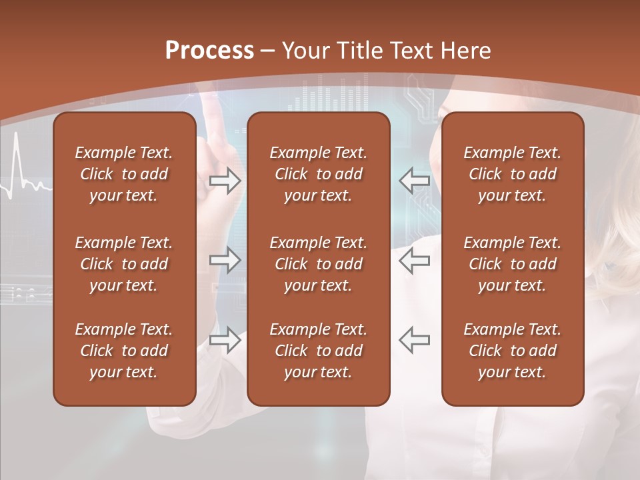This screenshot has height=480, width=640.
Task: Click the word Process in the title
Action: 209,51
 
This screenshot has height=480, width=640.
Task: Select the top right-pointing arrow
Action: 225,181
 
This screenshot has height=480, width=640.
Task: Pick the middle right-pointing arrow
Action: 225,260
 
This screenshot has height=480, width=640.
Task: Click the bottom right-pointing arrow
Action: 225,340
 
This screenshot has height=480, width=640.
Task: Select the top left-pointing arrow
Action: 414,181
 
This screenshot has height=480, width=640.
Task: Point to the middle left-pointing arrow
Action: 414,260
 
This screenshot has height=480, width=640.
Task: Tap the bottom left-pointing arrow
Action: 414,340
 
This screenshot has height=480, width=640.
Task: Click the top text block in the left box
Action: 124,174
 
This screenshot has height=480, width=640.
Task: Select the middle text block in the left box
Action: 124,264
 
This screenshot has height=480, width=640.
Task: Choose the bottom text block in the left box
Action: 124,351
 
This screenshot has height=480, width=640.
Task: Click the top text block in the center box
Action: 318,174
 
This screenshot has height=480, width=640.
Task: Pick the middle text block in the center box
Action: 318,264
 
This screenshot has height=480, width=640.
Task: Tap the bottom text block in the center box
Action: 318,351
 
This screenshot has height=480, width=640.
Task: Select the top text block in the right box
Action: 512,174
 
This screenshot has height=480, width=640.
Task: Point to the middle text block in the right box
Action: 512,264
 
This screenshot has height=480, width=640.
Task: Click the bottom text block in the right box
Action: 512,351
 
